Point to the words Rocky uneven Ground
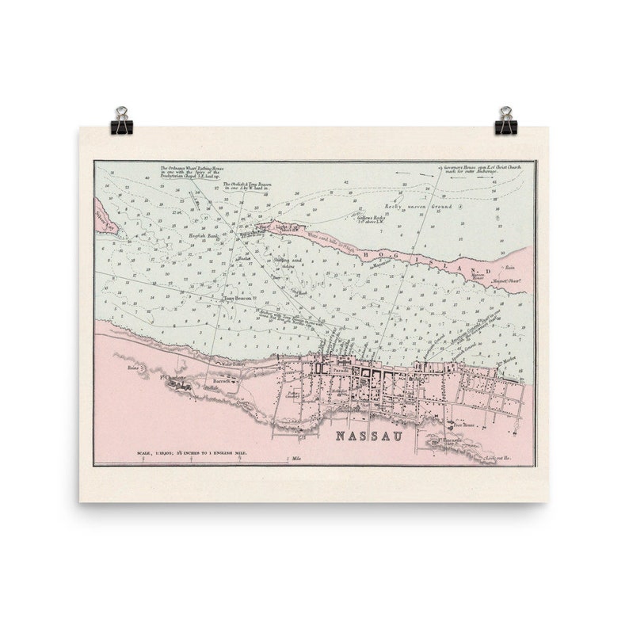pos(417,206)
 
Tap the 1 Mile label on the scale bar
pos(298,459)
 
